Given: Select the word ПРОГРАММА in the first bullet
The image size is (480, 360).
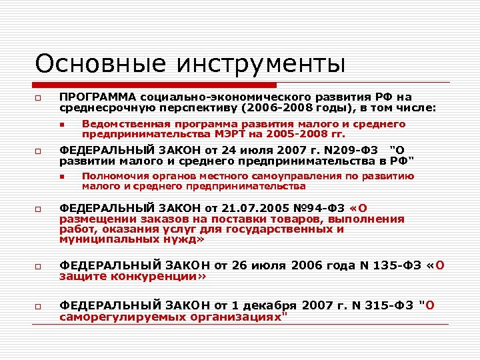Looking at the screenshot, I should coord(97,97).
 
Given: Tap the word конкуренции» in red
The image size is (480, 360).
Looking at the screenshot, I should coord(166,275).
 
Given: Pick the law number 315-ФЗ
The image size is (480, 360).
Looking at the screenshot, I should coord(387,305).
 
